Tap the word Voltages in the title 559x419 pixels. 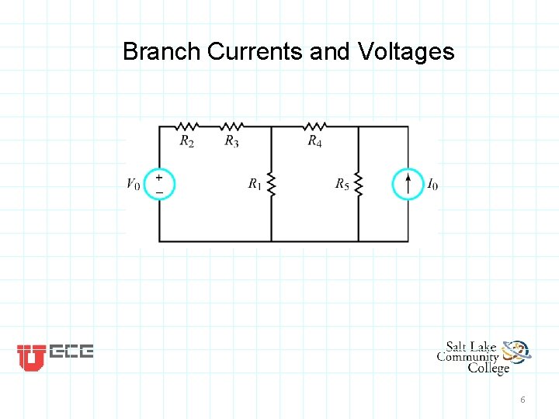pyautogui.click(x=406, y=52)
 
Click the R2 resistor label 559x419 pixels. pyautogui.click(x=187, y=140)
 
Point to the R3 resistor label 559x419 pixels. pyautogui.click(x=231, y=140)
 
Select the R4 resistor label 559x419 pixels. pyautogui.click(x=314, y=140)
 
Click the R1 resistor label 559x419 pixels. pyautogui.click(x=255, y=184)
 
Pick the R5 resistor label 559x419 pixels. pyautogui.click(x=342, y=184)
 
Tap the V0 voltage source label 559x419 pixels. pyautogui.click(x=134, y=184)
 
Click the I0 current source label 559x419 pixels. pyautogui.click(x=432, y=184)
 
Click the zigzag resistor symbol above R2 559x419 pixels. pyautogui.click(x=187, y=126)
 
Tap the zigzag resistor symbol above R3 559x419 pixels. pyautogui.click(x=231, y=126)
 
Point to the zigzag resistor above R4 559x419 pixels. pyautogui.click(x=314, y=126)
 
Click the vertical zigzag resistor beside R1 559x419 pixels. pyautogui.click(x=271, y=184)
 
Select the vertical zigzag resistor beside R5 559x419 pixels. pyautogui.click(x=359, y=184)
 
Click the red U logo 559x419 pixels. pyautogui.click(x=31, y=357)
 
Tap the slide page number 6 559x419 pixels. pyautogui.click(x=523, y=400)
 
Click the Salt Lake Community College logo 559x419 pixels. pyautogui.click(x=484, y=357)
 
